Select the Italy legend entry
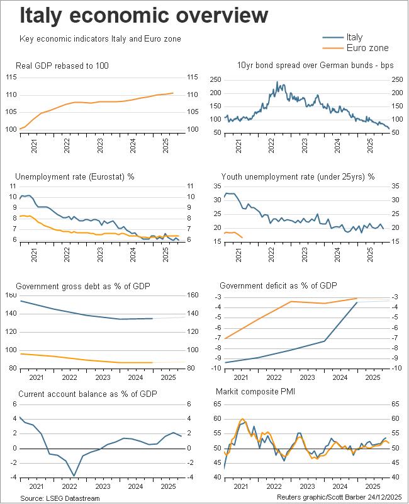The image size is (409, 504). (354, 37)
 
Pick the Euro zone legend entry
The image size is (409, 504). (367, 48)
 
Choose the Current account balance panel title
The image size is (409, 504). (87, 394)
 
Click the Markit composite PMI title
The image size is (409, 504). (255, 394)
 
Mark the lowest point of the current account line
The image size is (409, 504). (74, 476)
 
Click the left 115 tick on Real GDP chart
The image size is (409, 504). (11, 77)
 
